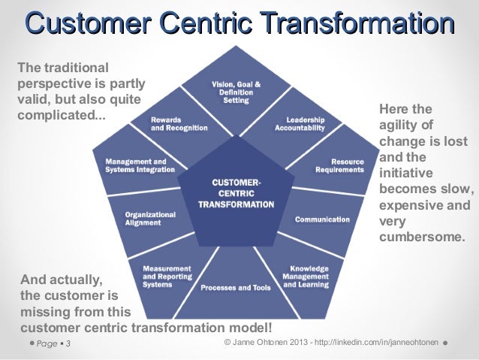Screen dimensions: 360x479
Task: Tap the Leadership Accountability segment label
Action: click(x=300, y=123)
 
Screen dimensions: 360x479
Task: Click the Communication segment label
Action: click(x=322, y=219)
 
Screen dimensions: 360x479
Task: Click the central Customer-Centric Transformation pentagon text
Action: click(x=236, y=193)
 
